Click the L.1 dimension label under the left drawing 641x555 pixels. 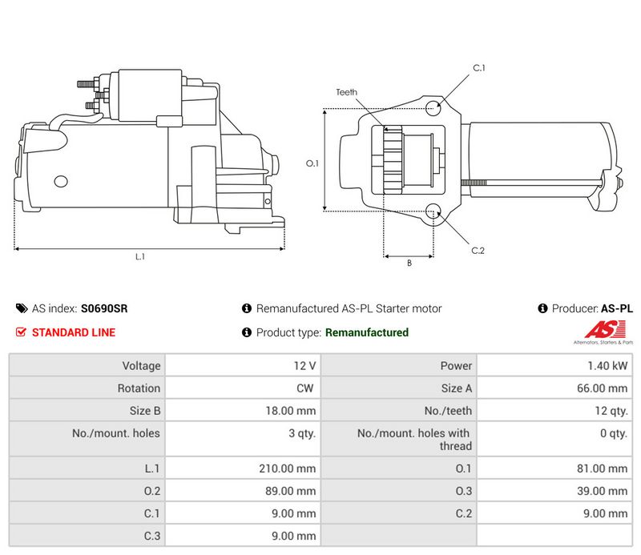[139, 256]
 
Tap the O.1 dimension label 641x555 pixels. [312, 163]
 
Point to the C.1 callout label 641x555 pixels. [478, 68]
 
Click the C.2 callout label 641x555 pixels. [478, 251]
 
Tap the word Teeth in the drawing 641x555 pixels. [346, 92]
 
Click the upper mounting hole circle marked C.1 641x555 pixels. [433, 107]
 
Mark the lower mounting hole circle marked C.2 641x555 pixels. [433, 211]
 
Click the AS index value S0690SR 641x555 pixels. [104, 308]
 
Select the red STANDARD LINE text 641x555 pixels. [73, 332]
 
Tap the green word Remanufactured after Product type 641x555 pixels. [367, 332]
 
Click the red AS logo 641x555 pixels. [600, 329]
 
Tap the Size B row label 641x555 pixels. [143, 411]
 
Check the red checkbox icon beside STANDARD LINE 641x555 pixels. [22, 332]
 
